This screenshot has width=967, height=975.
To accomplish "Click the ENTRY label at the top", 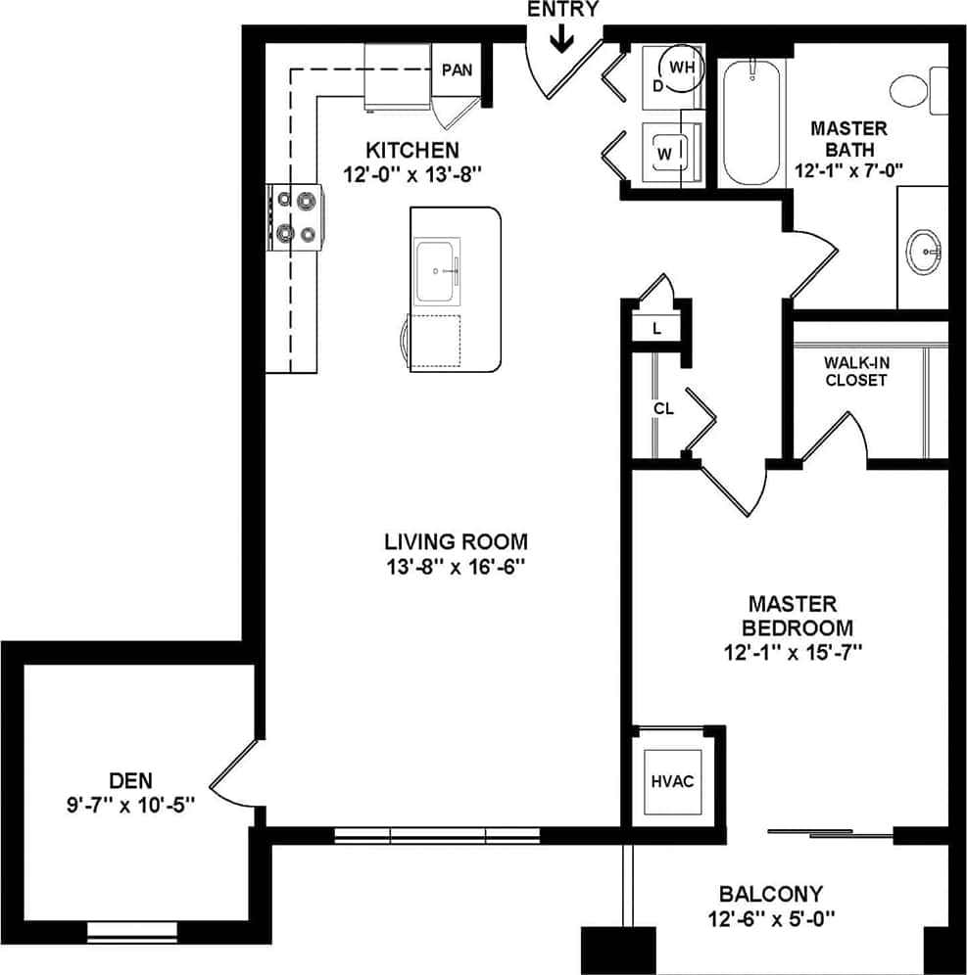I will (x=562, y=10).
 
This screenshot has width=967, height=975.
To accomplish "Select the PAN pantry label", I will (x=457, y=70).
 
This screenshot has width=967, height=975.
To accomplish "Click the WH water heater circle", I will (x=682, y=68).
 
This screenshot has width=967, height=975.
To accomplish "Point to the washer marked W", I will (x=666, y=154).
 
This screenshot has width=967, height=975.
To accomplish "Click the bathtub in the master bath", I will (x=752, y=122).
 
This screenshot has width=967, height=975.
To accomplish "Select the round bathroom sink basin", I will (x=924, y=251).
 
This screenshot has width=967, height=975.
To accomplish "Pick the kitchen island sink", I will (x=437, y=270).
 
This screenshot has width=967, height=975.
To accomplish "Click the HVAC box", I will (x=672, y=781).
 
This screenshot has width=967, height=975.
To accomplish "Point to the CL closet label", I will (x=663, y=408).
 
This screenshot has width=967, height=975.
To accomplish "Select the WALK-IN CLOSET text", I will (x=855, y=371).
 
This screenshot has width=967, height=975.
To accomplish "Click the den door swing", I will (x=235, y=778).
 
